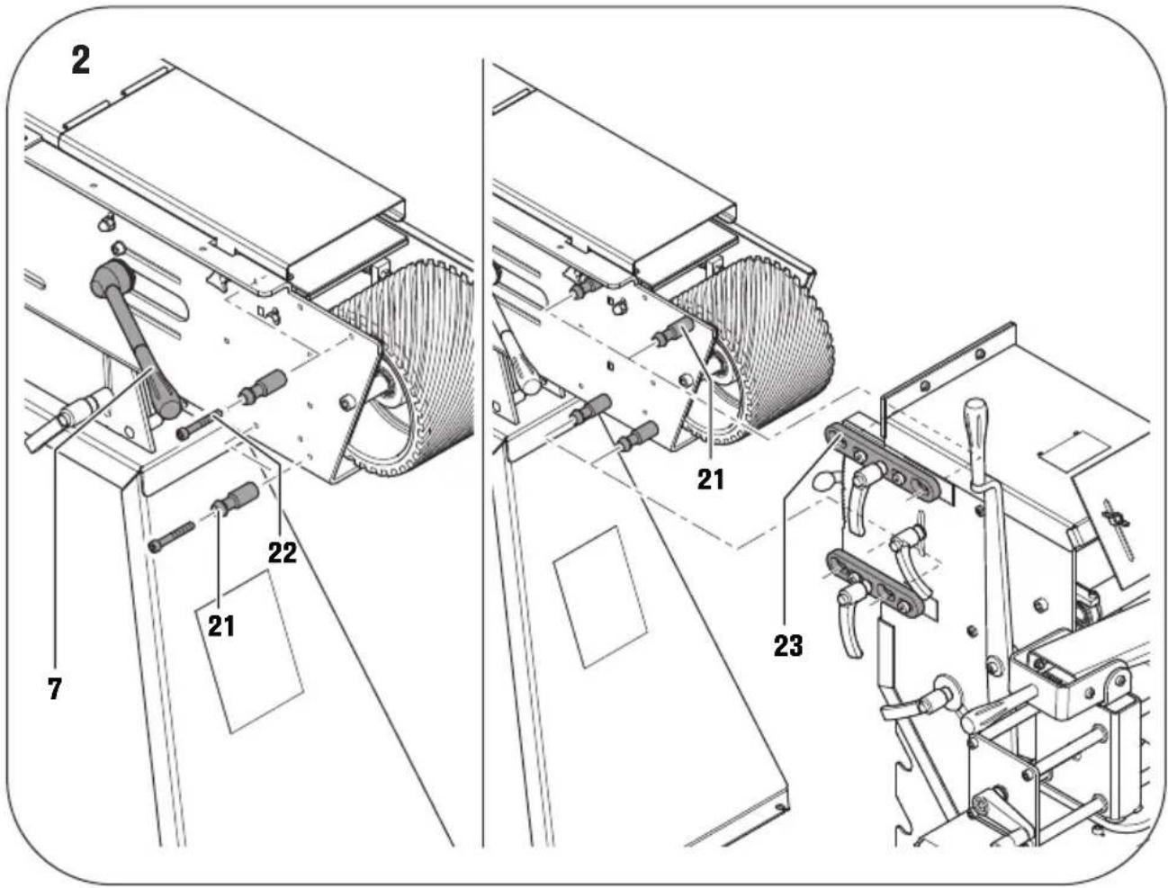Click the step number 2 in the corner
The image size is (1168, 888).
(81, 62)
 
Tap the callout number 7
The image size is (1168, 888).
(56, 688)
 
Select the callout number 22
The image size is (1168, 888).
(282, 552)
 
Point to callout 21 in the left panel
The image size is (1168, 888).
(221, 623)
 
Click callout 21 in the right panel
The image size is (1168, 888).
(711, 479)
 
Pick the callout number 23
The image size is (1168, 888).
(787, 645)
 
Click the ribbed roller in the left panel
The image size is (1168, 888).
(405, 360)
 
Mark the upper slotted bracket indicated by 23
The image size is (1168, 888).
(887, 462)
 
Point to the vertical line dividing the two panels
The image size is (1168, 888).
(482, 450)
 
